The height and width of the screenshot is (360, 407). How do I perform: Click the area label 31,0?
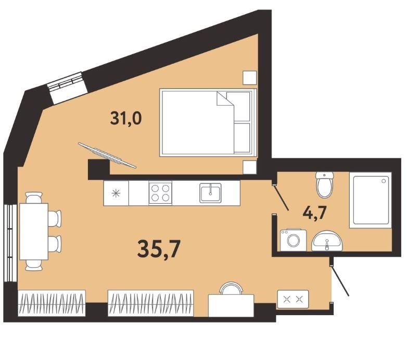tap(126, 118)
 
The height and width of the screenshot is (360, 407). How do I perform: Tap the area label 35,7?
tap(159, 249)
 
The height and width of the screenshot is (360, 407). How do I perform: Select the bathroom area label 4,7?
tap(314, 213)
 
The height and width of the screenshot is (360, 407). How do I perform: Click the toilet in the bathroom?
tap(324, 184)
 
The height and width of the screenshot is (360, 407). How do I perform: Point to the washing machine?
tap(294, 240)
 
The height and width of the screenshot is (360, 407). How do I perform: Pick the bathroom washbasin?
tap(327, 241)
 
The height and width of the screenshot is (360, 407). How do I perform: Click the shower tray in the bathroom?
tap(371, 200)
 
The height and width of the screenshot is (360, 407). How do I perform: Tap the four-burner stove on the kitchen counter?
tap(160, 193)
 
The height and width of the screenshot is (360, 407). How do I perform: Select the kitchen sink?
tap(210, 193)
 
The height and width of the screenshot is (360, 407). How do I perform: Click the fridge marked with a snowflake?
tap(116, 193)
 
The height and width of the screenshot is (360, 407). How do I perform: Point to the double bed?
tap(208, 122)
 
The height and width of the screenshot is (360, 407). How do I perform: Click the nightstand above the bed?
tap(250, 78)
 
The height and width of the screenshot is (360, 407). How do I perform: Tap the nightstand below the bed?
tap(250, 167)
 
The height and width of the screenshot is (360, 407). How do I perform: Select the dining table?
tap(34, 231)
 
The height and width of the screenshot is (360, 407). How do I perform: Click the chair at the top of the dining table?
tap(34, 197)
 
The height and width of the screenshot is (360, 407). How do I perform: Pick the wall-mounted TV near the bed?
tap(107, 155)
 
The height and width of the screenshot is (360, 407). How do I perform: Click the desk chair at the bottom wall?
tap(231, 288)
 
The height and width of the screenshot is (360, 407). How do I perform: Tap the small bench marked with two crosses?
tap(293, 299)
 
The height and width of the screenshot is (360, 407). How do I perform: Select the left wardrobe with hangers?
tap(52, 303)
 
